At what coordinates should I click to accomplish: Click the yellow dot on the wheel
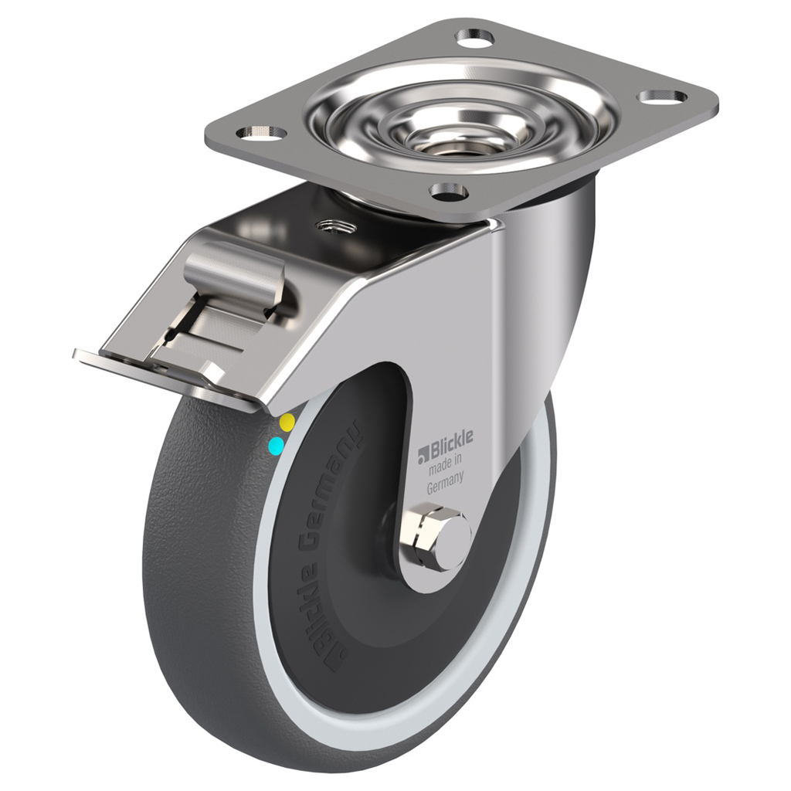point(287,422)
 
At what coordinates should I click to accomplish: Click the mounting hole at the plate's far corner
point(474,36)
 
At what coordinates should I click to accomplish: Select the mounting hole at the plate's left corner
point(261,133)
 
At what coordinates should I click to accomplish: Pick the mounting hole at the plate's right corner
point(662,97)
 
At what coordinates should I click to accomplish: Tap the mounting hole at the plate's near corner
point(448,190)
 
